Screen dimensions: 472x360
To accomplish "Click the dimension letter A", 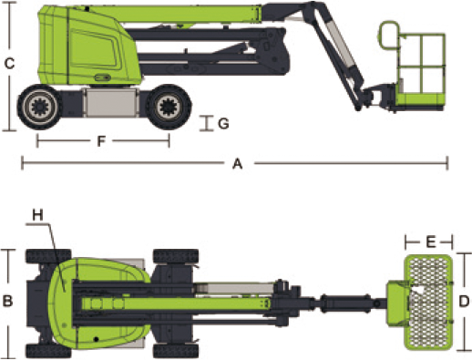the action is tap(238, 164).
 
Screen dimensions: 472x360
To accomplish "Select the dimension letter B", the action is tap(7, 301).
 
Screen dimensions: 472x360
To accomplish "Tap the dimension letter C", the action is tap(9, 64).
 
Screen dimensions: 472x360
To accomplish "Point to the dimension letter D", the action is tap(464, 302).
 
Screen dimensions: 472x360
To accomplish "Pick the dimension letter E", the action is tap(431, 242).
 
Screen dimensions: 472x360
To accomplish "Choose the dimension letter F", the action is tap(101, 141).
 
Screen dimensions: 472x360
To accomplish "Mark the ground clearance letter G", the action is tap(223, 124).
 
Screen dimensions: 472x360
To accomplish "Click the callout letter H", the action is tap(38, 215).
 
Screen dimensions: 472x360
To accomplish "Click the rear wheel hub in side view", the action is tap(39, 107).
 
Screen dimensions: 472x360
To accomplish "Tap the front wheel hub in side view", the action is tap(168, 107).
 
